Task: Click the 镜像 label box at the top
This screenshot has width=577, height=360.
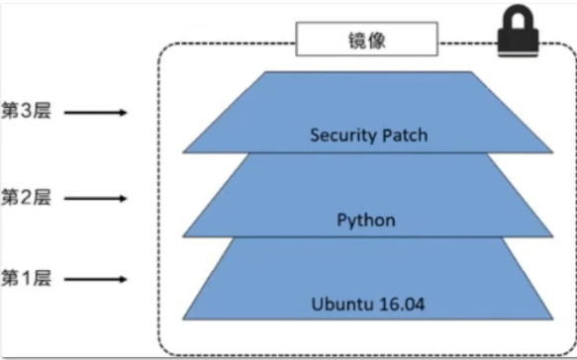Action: pos(365,42)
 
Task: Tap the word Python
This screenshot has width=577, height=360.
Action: pos(366,220)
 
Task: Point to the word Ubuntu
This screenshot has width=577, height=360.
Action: pos(339,302)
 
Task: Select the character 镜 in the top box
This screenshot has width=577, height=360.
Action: pos(353,42)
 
